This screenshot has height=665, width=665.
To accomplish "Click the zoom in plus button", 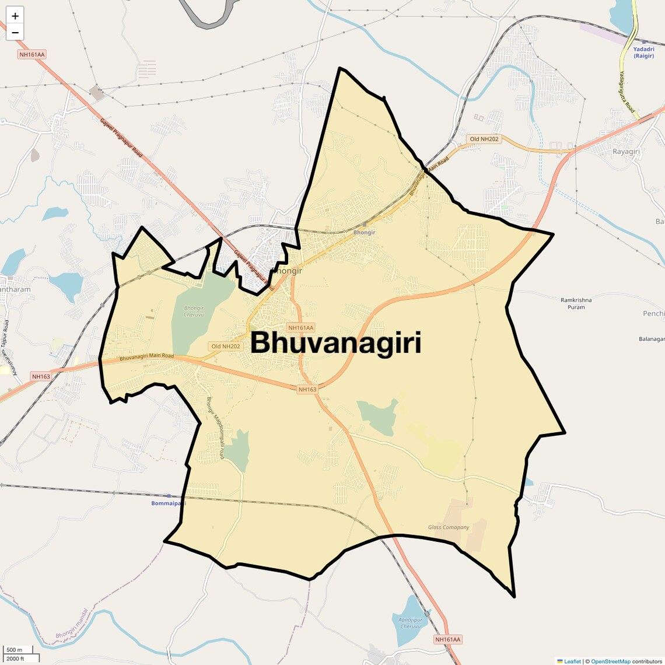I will (15, 16).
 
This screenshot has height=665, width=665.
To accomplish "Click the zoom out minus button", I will (15, 32).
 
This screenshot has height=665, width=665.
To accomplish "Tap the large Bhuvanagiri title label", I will (336, 343).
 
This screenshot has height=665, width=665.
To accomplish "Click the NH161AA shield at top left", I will (32, 54).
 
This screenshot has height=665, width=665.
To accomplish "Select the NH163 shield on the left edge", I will (41, 376).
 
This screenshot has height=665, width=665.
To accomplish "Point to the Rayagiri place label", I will (626, 152).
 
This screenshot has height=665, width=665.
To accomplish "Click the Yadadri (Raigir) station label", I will (644, 52).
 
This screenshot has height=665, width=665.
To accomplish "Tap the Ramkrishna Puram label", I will (576, 303).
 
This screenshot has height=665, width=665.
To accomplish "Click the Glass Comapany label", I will (449, 527).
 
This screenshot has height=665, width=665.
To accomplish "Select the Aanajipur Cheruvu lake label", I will (410, 623).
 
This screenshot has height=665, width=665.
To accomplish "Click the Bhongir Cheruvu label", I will (194, 311).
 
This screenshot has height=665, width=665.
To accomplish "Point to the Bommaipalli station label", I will (168, 503).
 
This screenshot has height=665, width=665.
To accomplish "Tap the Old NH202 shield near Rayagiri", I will (484, 139).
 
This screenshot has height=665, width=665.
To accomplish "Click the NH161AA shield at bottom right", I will (447, 639).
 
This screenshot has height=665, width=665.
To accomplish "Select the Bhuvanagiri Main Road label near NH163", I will (146, 356).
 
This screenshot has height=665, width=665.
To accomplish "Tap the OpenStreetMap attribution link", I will (611, 661).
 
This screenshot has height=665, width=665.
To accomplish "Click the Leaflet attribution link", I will (572, 661).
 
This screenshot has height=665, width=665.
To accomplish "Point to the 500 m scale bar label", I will (15, 650).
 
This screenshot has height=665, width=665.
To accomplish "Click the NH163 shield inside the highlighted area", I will (307, 389).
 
